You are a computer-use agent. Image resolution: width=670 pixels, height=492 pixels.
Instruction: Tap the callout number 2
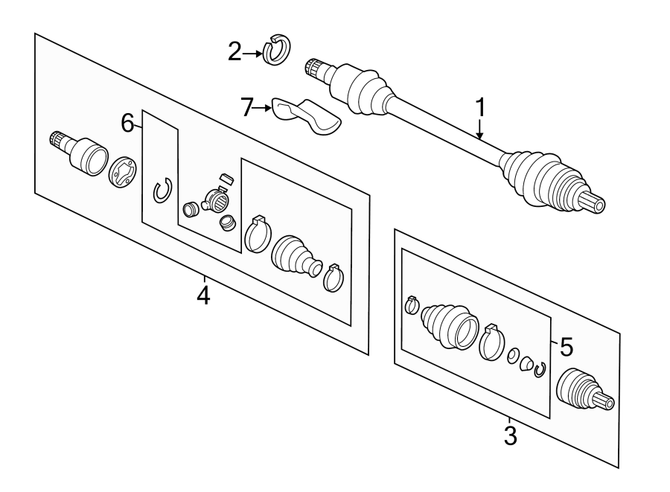point(235,52)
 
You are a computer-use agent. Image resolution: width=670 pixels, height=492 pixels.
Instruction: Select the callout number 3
point(510,434)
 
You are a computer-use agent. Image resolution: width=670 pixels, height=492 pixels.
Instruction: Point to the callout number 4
point(203,295)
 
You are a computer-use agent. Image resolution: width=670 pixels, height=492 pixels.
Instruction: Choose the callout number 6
point(128,123)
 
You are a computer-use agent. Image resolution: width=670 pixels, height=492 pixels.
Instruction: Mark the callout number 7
point(248,108)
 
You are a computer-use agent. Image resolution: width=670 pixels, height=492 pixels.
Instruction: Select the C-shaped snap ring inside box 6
point(162,191)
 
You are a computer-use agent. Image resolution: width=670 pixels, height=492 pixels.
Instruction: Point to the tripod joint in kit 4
point(217,198)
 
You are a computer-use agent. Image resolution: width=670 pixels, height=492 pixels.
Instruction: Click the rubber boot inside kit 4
point(296,258)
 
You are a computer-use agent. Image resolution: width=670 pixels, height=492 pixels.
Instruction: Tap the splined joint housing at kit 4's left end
point(77,152)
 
